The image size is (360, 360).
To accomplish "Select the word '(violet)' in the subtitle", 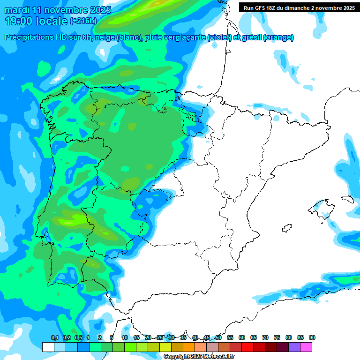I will tap(219, 37).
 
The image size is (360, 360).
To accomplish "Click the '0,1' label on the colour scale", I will tap(54, 337).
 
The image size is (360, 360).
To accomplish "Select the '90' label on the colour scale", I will tap(312, 337).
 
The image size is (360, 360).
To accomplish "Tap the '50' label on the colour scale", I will tap(218, 337).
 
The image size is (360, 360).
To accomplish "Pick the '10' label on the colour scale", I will tap(125, 337).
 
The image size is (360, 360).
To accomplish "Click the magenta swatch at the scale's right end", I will tap(306, 347).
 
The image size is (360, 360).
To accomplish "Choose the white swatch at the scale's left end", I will tap(48, 347).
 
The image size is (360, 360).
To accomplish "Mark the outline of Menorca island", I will tap(347, 199).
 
